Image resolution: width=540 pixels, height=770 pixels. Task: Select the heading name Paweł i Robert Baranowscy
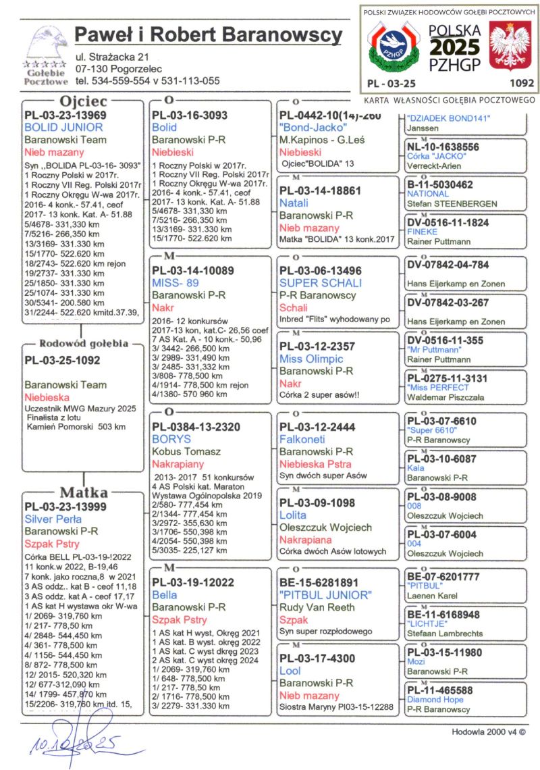click(x=209, y=34)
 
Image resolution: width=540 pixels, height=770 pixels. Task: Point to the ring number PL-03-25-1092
click(x=62, y=360)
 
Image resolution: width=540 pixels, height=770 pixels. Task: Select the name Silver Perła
click(x=53, y=519)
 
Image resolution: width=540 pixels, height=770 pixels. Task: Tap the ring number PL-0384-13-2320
click(x=196, y=427)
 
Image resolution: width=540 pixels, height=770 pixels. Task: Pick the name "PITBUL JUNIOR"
click(x=325, y=595)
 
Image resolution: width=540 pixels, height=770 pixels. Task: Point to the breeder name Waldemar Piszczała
click(x=445, y=398)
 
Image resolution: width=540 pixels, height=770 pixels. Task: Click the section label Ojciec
click(x=84, y=102)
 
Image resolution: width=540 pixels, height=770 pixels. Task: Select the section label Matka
click(x=84, y=492)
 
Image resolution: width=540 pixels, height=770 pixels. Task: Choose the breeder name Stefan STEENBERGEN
click(x=452, y=203)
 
